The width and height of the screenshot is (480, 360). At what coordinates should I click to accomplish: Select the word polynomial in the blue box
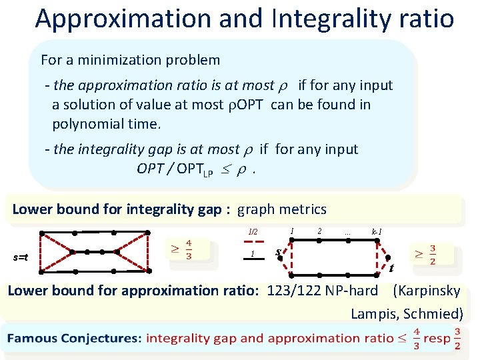pos(85,124)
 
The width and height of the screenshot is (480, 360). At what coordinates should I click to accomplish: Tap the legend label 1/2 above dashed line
pos(253,232)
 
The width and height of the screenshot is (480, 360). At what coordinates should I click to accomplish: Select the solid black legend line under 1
pos(253,262)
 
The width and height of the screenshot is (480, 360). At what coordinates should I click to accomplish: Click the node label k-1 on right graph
pos(377,231)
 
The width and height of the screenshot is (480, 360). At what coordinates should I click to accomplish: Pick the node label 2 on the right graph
pos(320,231)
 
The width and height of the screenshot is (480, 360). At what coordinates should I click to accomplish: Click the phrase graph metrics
pos(282,209)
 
